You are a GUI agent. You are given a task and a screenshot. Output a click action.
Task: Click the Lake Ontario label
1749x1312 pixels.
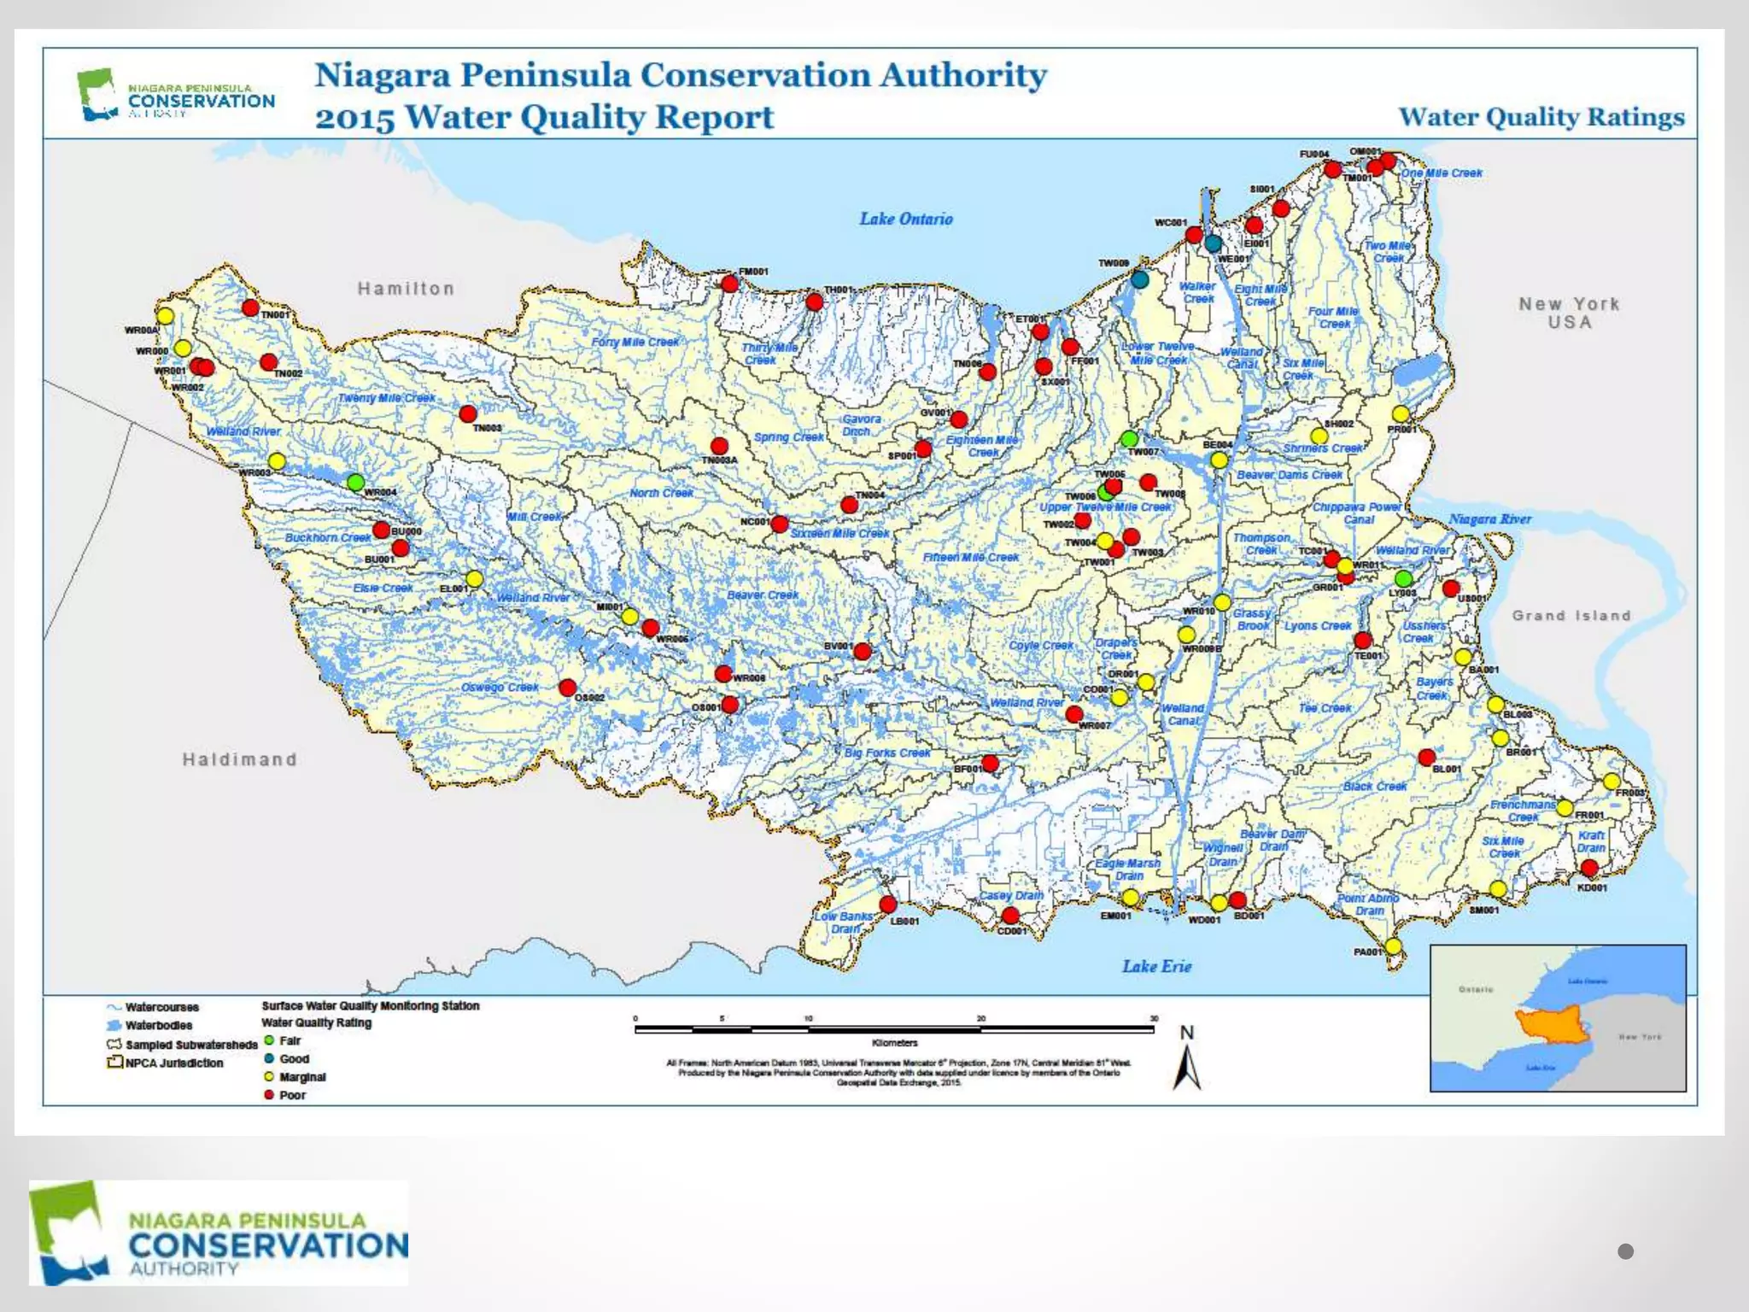click(905, 219)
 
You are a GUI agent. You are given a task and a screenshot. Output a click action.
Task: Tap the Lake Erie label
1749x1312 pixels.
click(1156, 966)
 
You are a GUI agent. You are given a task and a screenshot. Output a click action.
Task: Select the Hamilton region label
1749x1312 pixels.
click(406, 289)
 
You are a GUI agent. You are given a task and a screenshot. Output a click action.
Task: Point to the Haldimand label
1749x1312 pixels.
click(240, 759)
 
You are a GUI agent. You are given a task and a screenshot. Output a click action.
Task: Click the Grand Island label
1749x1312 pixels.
click(1571, 615)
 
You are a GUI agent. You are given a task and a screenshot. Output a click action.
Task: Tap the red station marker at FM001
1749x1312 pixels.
click(729, 283)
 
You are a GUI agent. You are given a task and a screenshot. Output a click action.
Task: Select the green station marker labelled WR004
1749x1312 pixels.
click(356, 483)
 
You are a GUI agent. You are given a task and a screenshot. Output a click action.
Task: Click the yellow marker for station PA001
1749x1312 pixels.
click(1393, 946)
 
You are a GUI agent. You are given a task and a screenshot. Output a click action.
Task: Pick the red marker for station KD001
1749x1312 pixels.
click(1589, 868)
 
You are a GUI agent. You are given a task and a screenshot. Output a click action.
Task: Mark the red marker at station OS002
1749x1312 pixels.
click(567, 688)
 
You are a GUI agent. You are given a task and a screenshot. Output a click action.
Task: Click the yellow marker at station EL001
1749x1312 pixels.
click(474, 579)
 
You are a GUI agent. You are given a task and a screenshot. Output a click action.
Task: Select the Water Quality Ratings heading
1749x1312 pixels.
click(1541, 117)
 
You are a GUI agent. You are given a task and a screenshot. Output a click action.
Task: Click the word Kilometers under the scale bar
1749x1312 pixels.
click(894, 1043)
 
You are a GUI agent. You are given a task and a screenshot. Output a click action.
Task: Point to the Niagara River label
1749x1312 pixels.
click(1489, 519)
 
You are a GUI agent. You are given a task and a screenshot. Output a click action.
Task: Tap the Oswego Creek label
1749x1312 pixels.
click(500, 687)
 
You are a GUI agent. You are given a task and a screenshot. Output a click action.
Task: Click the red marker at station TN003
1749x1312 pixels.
click(468, 414)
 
